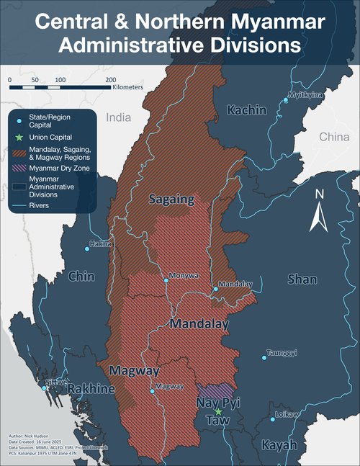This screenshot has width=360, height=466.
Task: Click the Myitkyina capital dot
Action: (286, 100)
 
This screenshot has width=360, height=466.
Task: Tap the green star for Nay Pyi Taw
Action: (219, 411)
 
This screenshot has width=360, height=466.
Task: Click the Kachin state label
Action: (247, 110)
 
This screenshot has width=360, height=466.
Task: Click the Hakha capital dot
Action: (88, 248)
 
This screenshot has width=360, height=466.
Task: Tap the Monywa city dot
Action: (166, 281)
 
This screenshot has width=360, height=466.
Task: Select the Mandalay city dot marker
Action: (215, 289)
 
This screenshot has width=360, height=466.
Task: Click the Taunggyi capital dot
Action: (264, 357)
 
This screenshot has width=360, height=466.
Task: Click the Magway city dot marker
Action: (152, 392)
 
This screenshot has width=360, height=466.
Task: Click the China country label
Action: (333, 136)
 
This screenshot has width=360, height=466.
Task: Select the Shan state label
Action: (302, 279)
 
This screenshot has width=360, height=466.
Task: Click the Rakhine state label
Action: (91, 390)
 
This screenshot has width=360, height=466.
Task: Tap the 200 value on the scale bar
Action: (110, 79)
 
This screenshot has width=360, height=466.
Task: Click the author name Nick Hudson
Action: (41, 436)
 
